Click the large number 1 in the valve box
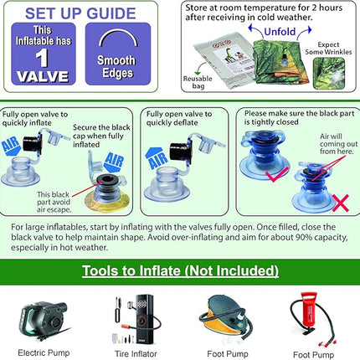[42, 58]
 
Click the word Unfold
[280, 32]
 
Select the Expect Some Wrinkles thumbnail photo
[329, 73]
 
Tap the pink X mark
[341, 203]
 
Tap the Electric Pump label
[44, 352]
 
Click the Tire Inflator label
[136, 354]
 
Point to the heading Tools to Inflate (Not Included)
[180, 270]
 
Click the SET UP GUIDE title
[80, 13]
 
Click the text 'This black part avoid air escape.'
[54, 202]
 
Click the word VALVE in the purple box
[43, 76]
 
